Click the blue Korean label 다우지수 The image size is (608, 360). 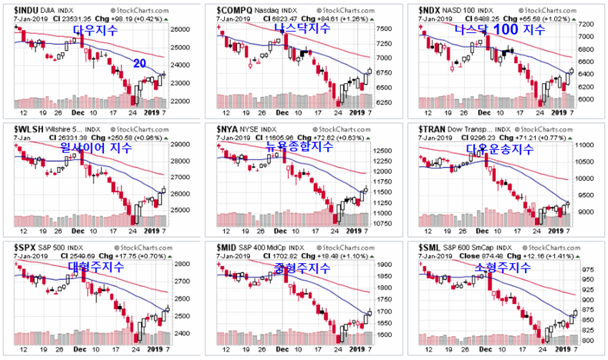[x=95, y=31]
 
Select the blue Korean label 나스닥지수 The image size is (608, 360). [x=302, y=28]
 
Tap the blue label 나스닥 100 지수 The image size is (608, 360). [x=499, y=30]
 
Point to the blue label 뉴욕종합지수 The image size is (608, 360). [x=299, y=146]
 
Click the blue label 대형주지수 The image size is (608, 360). [x=91, y=267]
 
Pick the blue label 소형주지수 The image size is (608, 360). [x=505, y=268]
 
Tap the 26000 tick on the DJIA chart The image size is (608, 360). [x=180, y=29]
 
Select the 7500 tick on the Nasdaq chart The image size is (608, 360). [x=385, y=28]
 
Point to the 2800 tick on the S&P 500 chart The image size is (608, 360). [x=179, y=264]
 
